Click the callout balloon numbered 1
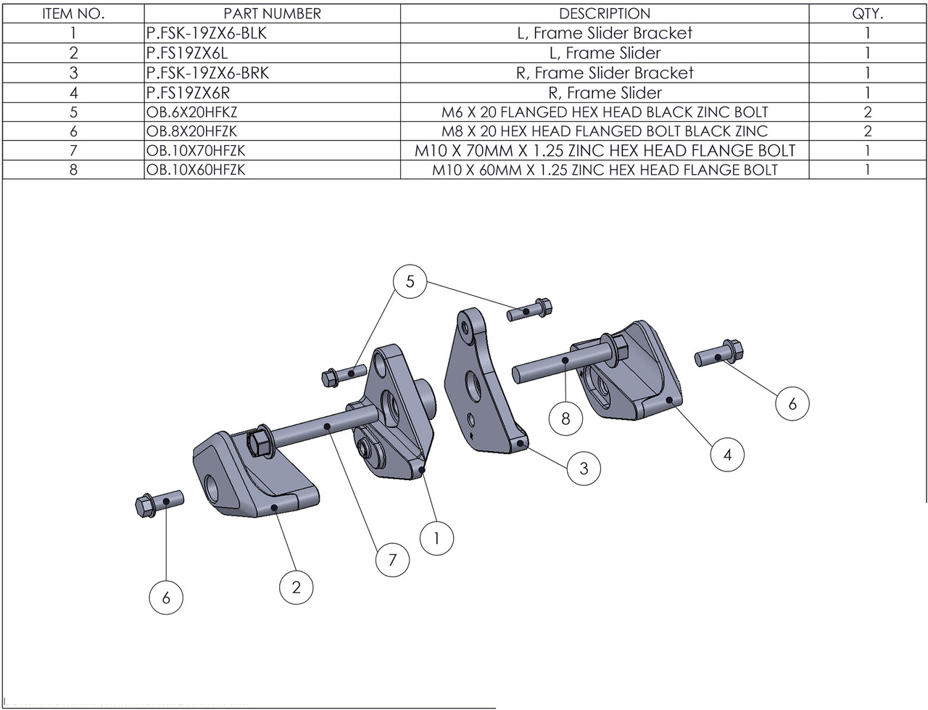pyautogui.click(x=437, y=538)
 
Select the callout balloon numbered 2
pyautogui.click(x=297, y=586)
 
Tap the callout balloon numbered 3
pyautogui.click(x=584, y=468)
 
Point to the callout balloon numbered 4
pyautogui.click(x=727, y=455)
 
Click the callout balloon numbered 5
pyautogui.click(x=410, y=281)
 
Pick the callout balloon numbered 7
pyautogui.click(x=392, y=560)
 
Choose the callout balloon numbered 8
pyautogui.click(x=565, y=418)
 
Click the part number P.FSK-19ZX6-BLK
pyautogui.click(x=199, y=33)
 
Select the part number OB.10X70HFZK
pyautogui.click(x=196, y=151)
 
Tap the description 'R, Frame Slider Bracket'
pyautogui.click(x=604, y=73)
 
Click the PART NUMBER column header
pyautogui.click(x=272, y=14)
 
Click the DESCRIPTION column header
pyautogui.click(x=604, y=14)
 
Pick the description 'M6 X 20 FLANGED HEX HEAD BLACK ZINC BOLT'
pyautogui.click(x=604, y=112)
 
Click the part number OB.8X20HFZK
pyautogui.click(x=191, y=131)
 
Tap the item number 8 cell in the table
pyautogui.click(x=73, y=170)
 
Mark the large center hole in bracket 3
pyautogui.click(x=476, y=386)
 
